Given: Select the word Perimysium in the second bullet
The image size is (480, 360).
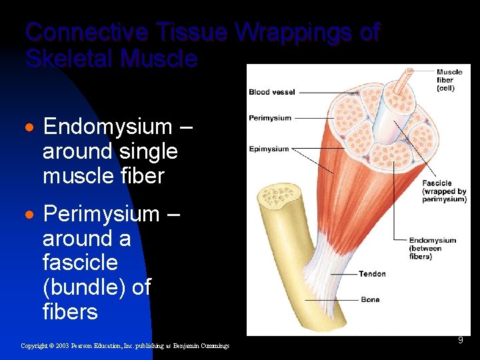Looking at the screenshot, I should click(x=101, y=214).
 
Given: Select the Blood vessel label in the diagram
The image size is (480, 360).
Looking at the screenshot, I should click(x=271, y=92).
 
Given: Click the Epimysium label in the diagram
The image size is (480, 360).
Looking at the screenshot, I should click(x=269, y=149).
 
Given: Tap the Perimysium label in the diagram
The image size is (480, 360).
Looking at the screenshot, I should click(x=270, y=118).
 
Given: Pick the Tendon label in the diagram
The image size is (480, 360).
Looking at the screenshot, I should click(x=371, y=274).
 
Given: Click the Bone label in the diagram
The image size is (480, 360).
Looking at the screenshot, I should click(x=370, y=300).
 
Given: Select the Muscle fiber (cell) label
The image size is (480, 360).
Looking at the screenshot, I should click(x=450, y=80).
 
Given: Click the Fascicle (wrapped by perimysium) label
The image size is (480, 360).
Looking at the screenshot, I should click(x=443, y=191).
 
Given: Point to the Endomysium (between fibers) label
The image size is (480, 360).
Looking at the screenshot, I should click(x=433, y=248).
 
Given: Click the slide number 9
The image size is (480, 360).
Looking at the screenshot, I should click(x=460, y=341).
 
